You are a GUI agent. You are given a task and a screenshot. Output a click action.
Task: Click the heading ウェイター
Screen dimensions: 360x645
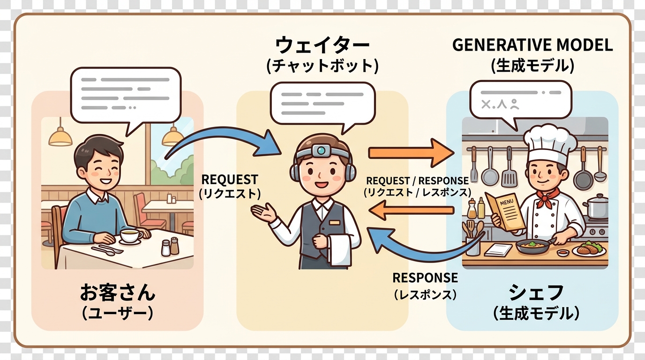click(322, 46)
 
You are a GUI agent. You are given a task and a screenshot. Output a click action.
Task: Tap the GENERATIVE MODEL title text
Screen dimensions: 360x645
click(532, 45)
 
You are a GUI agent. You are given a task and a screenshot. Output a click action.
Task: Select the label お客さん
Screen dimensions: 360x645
click(117, 293)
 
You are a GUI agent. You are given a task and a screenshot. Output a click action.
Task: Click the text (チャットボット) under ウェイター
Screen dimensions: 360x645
click(322, 66)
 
